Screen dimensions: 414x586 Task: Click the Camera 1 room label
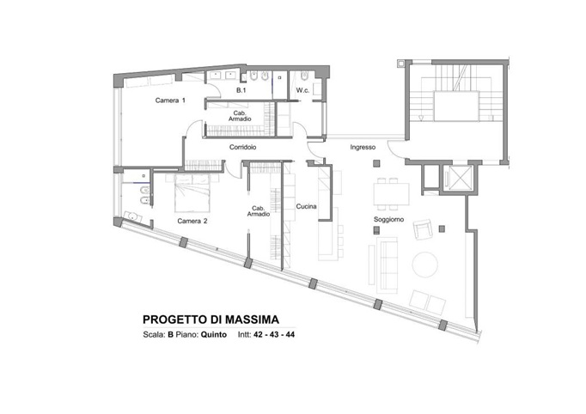coord(170,100)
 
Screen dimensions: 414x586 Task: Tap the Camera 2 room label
coord(192,222)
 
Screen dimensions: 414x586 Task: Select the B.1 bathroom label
coord(242,90)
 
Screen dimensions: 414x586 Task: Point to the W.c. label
coord(302,90)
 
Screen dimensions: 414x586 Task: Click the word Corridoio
coord(245,148)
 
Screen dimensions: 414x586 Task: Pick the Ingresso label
coord(363,148)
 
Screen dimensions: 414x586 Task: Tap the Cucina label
coord(307,207)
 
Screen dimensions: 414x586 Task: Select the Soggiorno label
coord(388,220)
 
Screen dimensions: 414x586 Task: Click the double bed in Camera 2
coord(193,194)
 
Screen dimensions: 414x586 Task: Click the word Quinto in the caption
coord(214,336)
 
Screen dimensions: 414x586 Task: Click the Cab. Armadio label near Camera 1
coord(242,116)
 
